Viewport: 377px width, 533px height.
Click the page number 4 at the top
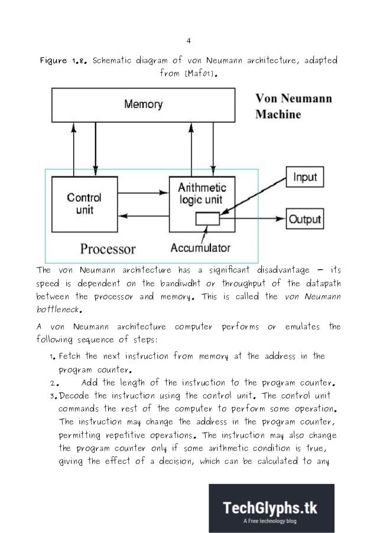pyautogui.click(x=188, y=41)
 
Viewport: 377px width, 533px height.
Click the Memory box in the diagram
pyautogui.click(x=143, y=104)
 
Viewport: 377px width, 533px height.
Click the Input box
pyautogui.click(x=305, y=177)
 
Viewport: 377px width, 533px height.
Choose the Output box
pyautogui.click(x=305, y=220)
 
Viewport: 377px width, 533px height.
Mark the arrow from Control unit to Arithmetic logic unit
pyautogui.click(x=142, y=192)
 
